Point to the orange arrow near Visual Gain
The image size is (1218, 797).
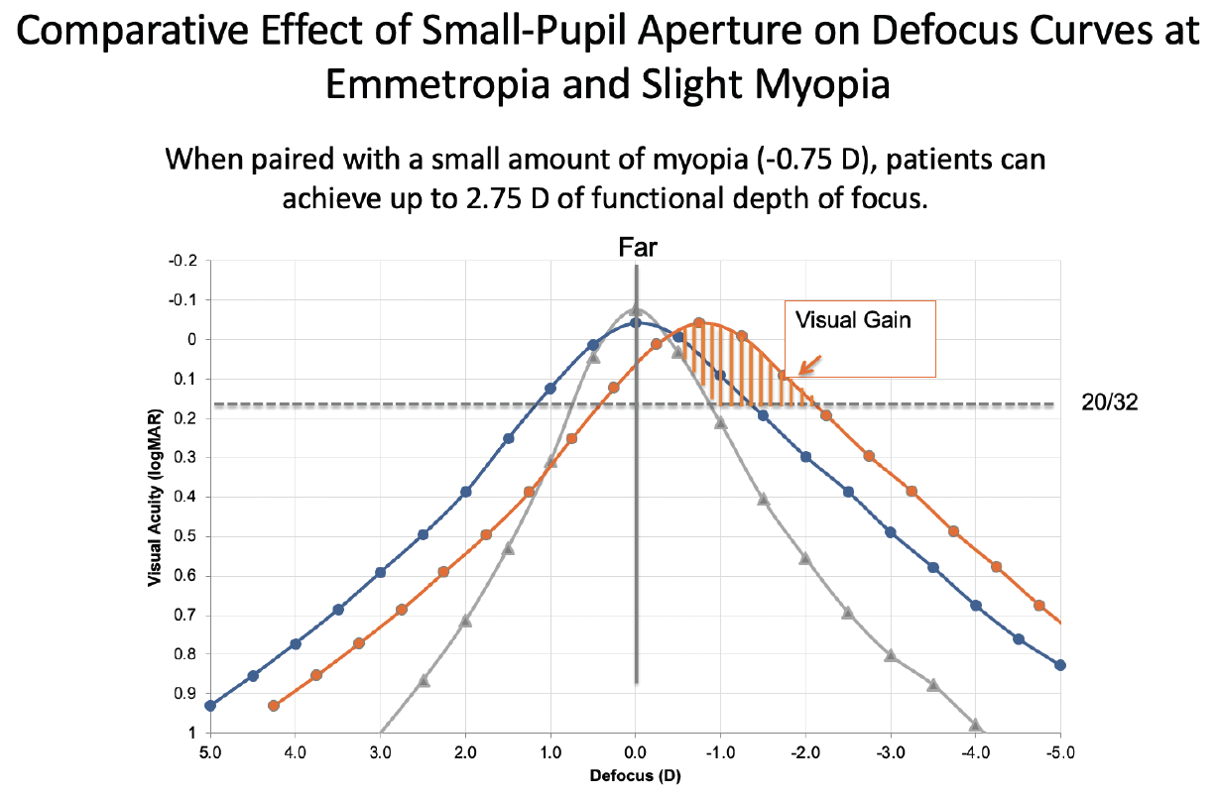pos(806,367)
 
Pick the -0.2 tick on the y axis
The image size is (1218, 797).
pos(186,261)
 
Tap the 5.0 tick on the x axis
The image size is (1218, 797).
pos(210,751)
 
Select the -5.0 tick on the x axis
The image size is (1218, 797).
pos(1059,751)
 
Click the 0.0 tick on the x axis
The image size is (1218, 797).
pos(636,751)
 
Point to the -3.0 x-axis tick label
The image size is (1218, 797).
pos(890,751)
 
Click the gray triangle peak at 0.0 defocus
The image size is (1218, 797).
pos(636,309)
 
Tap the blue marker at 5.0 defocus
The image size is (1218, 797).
pos(210,706)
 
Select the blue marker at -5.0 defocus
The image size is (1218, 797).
pos(1060,665)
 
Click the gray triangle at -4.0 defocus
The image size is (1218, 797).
pos(975,725)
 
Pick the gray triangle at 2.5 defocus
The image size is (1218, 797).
pos(424,680)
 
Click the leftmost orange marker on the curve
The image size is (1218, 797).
pos(274,706)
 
